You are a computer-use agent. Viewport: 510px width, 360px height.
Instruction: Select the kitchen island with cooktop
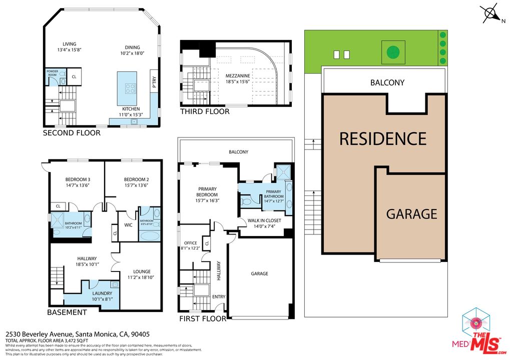127,82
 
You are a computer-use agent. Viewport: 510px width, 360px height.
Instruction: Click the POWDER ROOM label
52,72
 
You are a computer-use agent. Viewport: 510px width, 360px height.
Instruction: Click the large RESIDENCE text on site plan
383,138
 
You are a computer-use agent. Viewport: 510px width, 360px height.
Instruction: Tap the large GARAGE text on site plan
411,214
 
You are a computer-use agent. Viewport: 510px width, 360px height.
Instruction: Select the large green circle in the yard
392,51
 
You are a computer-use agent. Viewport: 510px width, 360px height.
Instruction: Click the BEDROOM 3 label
78,179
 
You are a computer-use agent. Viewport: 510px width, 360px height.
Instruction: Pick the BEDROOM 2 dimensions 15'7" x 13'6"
136,185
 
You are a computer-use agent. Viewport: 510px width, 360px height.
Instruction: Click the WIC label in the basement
128,225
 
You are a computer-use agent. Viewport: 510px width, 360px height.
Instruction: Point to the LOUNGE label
141,271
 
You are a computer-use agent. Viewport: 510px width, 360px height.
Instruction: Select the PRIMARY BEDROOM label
207,191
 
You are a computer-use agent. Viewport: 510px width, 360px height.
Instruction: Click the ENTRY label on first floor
219,296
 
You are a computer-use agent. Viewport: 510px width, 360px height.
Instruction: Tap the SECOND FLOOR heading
71,133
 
